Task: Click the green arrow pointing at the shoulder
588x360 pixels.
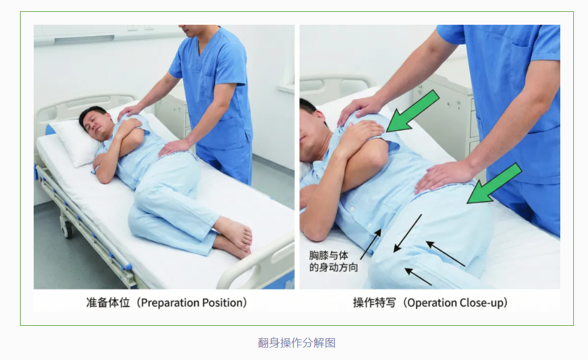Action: [x=412, y=111]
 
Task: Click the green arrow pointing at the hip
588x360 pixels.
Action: [x=494, y=184]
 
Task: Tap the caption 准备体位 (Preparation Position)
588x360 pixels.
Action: [x=167, y=303]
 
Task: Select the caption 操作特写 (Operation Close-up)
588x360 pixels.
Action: [x=431, y=303]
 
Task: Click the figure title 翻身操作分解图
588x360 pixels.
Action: [x=296, y=343]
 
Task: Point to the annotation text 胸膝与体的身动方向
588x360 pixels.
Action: [x=333, y=262]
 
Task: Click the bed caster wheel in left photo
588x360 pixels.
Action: [x=67, y=229]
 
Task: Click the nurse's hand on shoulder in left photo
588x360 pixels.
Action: [x=130, y=112]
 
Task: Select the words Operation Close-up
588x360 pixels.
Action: [x=455, y=303]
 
